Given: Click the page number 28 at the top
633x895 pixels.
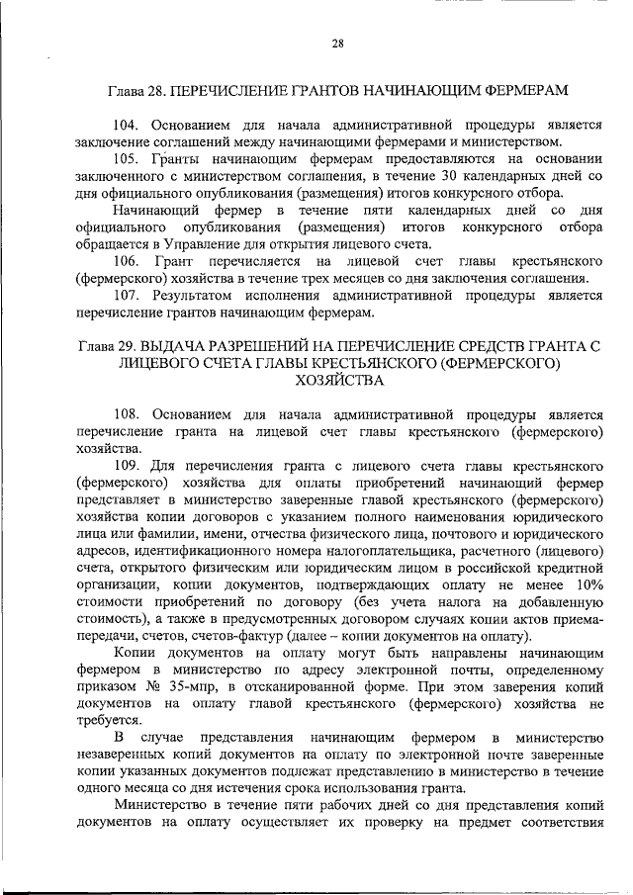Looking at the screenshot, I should [337, 44].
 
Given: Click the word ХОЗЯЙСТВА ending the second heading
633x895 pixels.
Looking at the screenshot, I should [337, 382].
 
